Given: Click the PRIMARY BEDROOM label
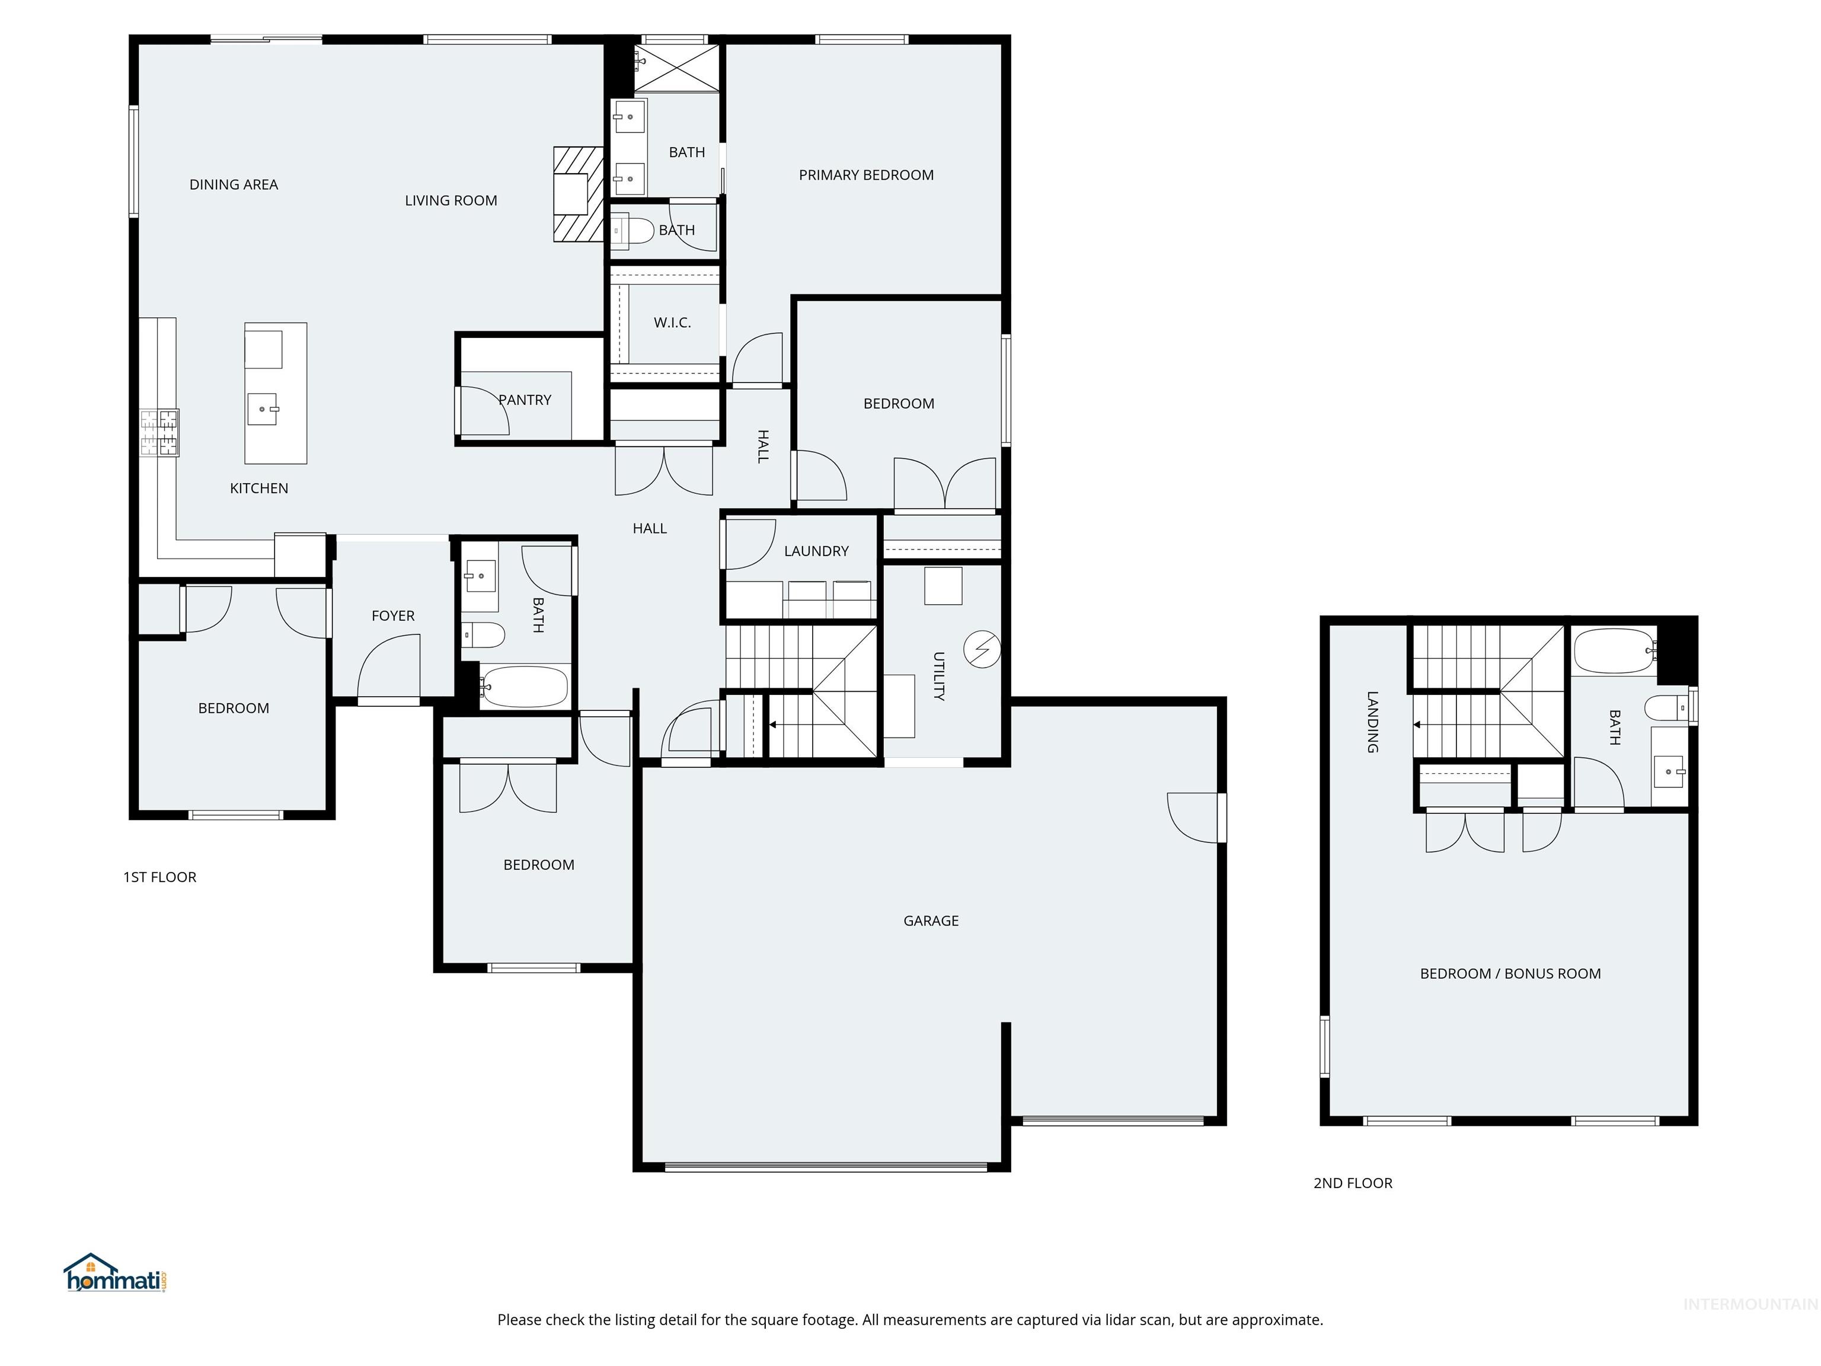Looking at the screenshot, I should click(866, 174).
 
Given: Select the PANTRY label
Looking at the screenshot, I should click(525, 400).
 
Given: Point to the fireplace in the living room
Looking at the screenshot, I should click(577, 194).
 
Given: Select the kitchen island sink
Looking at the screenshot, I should click(263, 408).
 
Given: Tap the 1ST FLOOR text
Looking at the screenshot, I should click(159, 877).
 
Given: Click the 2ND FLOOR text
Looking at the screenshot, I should click(1353, 1183).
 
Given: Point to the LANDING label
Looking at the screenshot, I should click(1372, 722).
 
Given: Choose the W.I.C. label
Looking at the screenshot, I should click(672, 323).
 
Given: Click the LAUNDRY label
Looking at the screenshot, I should click(816, 551).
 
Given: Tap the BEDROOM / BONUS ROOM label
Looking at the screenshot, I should click(1510, 974).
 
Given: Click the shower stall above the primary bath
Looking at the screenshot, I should click(677, 68).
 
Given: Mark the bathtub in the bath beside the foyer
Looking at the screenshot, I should click(525, 686).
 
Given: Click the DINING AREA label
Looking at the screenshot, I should click(234, 184).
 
